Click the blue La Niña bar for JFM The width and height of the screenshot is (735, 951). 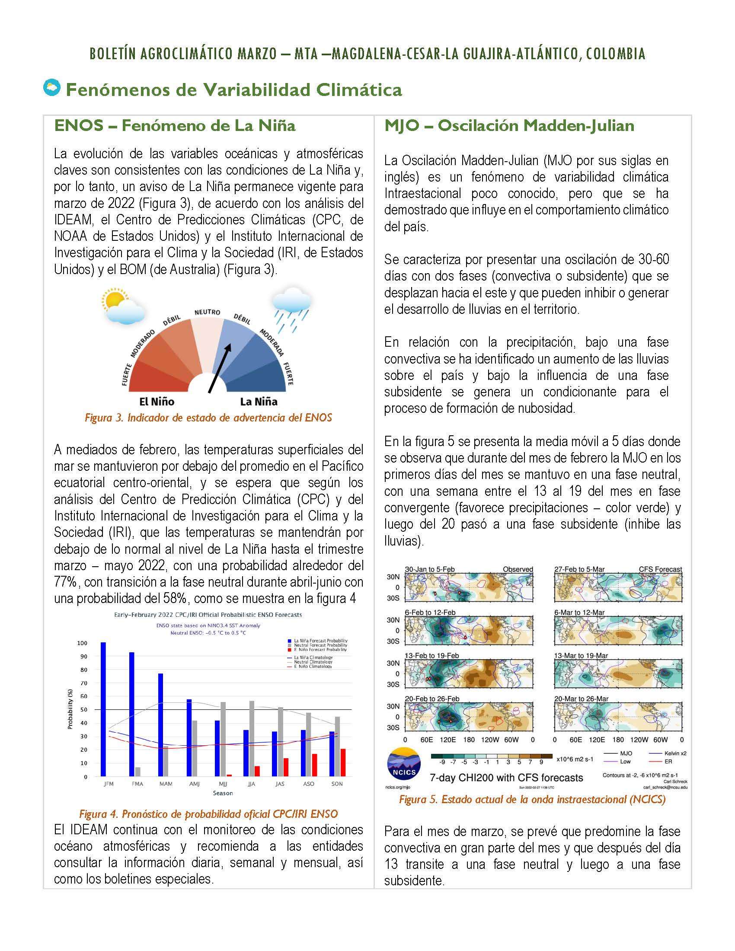[103, 708]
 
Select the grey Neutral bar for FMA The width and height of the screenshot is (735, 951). [137, 771]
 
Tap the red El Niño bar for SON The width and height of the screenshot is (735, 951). [343, 762]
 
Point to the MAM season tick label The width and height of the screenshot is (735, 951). [166, 784]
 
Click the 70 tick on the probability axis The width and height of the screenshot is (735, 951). [82, 683]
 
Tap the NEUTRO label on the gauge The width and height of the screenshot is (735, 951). [207, 312]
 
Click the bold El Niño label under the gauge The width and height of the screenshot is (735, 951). [157, 402]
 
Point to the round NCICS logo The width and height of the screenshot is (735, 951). [404, 765]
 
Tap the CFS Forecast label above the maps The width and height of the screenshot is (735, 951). [660, 569]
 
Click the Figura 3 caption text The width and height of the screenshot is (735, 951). [208, 418]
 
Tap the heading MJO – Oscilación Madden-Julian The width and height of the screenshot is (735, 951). [509, 126]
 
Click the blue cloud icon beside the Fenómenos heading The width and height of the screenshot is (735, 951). [52, 88]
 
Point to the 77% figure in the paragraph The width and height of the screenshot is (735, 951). [66, 582]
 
